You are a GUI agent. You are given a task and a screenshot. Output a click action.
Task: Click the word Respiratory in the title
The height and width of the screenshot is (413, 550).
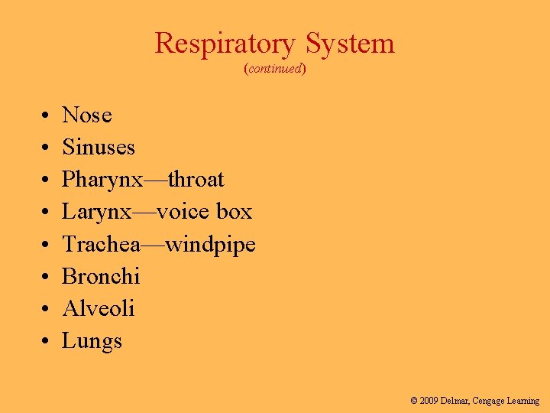point(224,44)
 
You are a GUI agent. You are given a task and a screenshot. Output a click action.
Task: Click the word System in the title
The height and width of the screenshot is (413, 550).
point(351,44)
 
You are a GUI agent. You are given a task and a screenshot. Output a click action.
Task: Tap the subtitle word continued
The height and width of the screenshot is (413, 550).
point(275,69)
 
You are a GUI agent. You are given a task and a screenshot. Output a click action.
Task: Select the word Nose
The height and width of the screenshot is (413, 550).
point(87,115)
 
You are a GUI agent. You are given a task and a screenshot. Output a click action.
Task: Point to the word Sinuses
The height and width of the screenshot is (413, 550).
point(99,148)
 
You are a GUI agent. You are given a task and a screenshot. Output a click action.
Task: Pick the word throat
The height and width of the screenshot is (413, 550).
point(196,180)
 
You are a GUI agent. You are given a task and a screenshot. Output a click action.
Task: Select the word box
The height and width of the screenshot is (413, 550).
point(234,212)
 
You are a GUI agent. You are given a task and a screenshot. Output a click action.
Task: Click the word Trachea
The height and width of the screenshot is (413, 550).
point(100,245)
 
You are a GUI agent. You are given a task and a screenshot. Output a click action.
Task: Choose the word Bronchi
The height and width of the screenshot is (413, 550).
point(101,277)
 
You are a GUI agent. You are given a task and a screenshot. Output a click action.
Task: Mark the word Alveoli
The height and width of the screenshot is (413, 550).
point(99,309)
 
